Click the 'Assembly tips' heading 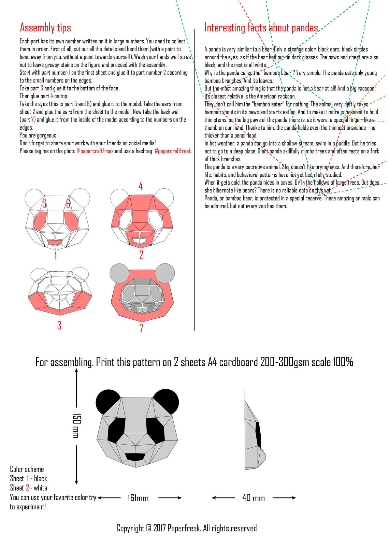pyautogui.click(x=45, y=28)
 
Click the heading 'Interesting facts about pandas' pyautogui.click(x=261, y=28)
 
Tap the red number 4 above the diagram pyautogui.click(x=141, y=186)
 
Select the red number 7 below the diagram pyautogui.click(x=141, y=328)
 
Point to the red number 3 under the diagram pyautogui.click(x=59, y=325)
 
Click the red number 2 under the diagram pyautogui.click(x=141, y=255)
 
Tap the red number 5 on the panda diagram pyautogui.click(x=44, y=204)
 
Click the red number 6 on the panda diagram pyautogui.click(x=68, y=204)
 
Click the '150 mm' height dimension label pyautogui.click(x=76, y=425)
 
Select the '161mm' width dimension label pyautogui.click(x=138, y=498)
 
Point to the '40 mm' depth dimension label pyautogui.click(x=254, y=498)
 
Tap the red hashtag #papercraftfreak pyautogui.click(x=173, y=151)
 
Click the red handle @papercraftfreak pyautogui.click(x=95, y=151)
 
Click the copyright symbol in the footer pyautogui.click(x=148, y=529)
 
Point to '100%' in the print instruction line pyautogui.click(x=343, y=362)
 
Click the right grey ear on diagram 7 pyautogui.click(x=165, y=273)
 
